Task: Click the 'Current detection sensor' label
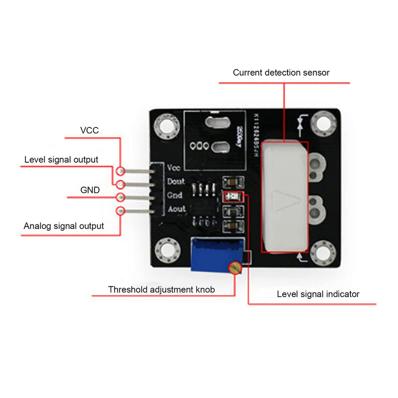(281, 73)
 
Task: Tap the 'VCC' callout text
(90, 130)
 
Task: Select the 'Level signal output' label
(61, 160)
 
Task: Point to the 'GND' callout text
(90, 190)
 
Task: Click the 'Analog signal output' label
(64, 226)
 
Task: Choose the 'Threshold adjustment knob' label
(161, 289)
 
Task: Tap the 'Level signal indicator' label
(318, 294)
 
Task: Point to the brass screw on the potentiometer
(234, 268)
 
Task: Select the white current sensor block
(286, 196)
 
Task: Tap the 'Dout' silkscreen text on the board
(176, 181)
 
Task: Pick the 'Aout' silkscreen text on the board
(177, 209)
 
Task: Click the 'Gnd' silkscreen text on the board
(175, 195)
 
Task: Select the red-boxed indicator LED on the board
(233, 196)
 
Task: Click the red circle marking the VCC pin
(120, 171)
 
